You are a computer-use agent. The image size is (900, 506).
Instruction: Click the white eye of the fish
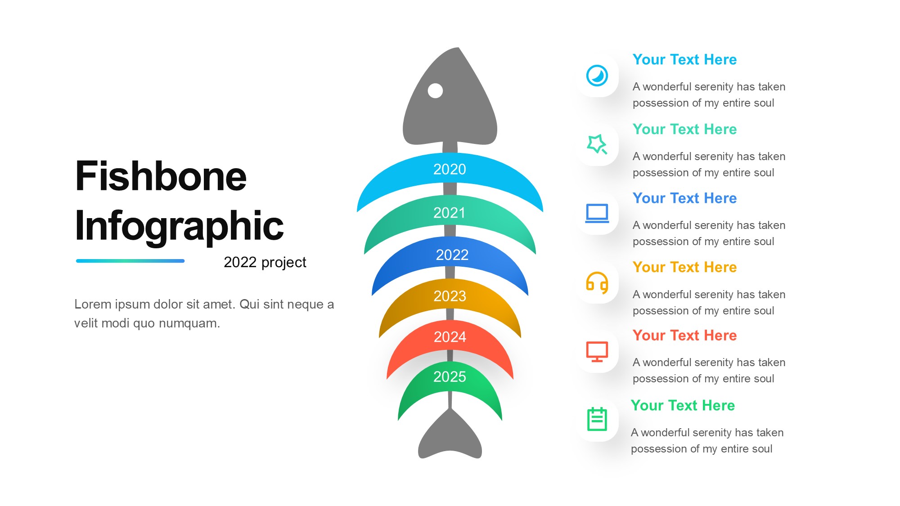pyautogui.click(x=435, y=90)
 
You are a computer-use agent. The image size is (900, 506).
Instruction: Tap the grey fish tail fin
pyautogui.click(x=450, y=436)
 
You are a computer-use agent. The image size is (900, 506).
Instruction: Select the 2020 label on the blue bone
pyautogui.click(x=450, y=169)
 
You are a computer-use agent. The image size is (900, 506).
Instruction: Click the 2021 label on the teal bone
pyautogui.click(x=450, y=213)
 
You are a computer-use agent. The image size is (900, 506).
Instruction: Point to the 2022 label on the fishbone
pyautogui.click(x=452, y=255)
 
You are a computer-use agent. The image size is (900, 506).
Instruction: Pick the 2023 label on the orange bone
pyautogui.click(x=450, y=296)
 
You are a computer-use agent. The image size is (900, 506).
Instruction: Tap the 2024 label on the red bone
pyautogui.click(x=450, y=337)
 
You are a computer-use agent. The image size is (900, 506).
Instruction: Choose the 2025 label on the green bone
pyautogui.click(x=450, y=376)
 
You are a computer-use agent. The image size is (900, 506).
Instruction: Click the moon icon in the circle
pyautogui.click(x=597, y=76)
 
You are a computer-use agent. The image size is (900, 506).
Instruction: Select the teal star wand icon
pyautogui.click(x=597, y=144)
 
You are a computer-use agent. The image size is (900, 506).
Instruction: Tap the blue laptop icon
pyautogui.click(x=597, y=214)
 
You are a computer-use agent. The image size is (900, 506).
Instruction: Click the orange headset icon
pyautogui.click(x=597, y=283)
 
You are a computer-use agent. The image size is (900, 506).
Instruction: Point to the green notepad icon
pyautogui.click(x=597, y=419)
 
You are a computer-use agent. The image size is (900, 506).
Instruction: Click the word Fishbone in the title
pyautogui.click(x=161, y=176)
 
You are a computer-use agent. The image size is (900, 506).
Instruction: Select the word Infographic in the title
pyautogui.click(x=179, y=226)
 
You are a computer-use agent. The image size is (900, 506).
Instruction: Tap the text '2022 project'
pyautogui.click(x=265, y=262)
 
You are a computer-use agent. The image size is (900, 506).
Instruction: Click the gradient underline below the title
pyautogui.click(x=130, y=261)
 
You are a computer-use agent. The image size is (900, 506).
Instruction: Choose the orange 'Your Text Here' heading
pyautogui.click(x=684, y=267)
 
